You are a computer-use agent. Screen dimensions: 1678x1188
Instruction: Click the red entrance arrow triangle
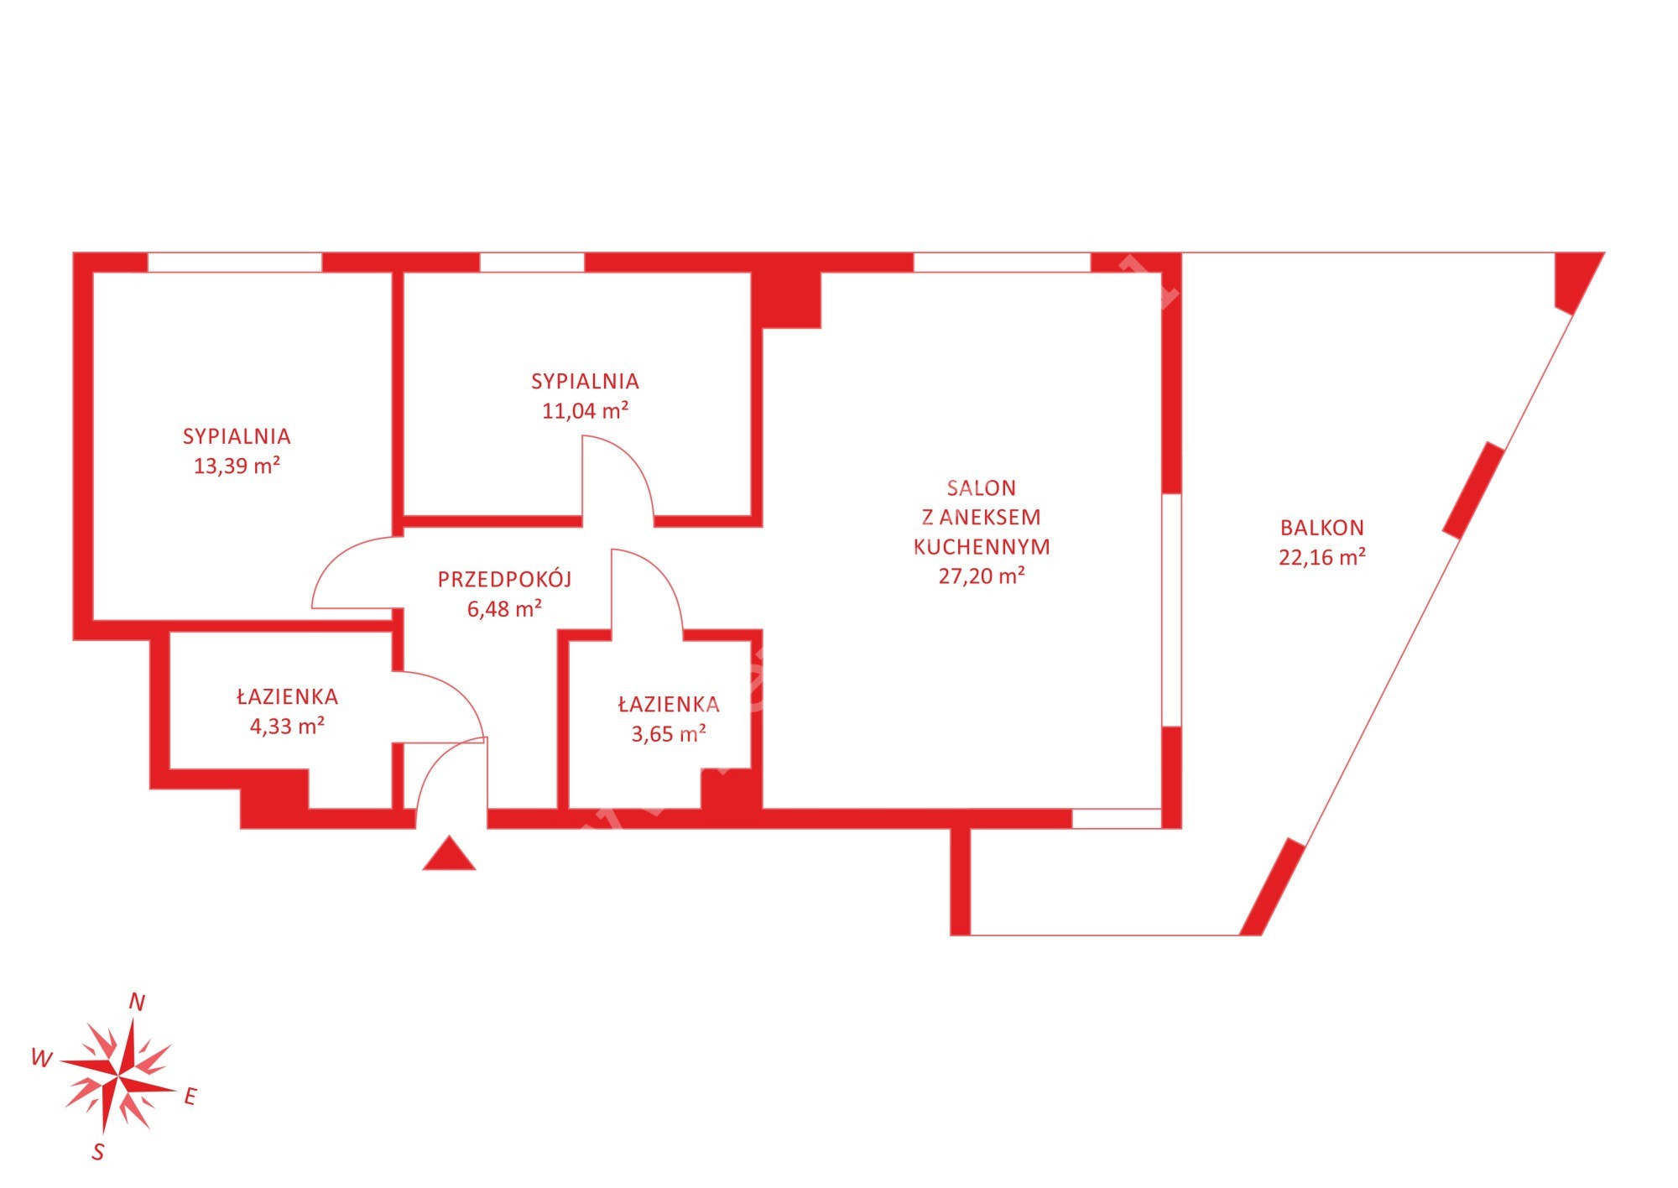click(450, 854)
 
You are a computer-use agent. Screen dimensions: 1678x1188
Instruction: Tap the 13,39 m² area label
click(237, 466)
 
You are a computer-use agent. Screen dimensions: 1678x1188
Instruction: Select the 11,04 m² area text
click(585, 410)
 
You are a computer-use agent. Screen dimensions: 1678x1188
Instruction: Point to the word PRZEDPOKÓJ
click(504, 579)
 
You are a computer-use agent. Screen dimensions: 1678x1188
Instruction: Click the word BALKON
click(1322, 528)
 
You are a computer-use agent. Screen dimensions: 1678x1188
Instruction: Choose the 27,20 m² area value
click(982, 576)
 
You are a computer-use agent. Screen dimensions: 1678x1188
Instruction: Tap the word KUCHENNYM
click(982, 547)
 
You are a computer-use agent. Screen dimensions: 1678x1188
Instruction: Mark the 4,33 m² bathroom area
click(287, 726)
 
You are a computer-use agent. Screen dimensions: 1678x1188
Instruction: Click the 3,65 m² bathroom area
click(669, 734)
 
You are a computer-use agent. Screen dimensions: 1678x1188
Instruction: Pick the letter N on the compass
click(137, 1002)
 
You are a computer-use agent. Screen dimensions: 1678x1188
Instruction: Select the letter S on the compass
click(98, 1152)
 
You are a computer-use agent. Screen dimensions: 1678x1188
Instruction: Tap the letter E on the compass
click(190, 1097)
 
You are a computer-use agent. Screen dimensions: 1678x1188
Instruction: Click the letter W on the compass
click(40, 1058)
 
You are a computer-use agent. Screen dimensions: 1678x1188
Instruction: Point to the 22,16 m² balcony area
click(1322, 557)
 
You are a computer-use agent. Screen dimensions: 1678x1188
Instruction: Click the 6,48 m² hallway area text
click(504, 608)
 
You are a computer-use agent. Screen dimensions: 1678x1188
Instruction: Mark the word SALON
click(982, 487)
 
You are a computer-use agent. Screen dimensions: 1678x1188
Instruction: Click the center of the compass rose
click(117, 1075)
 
